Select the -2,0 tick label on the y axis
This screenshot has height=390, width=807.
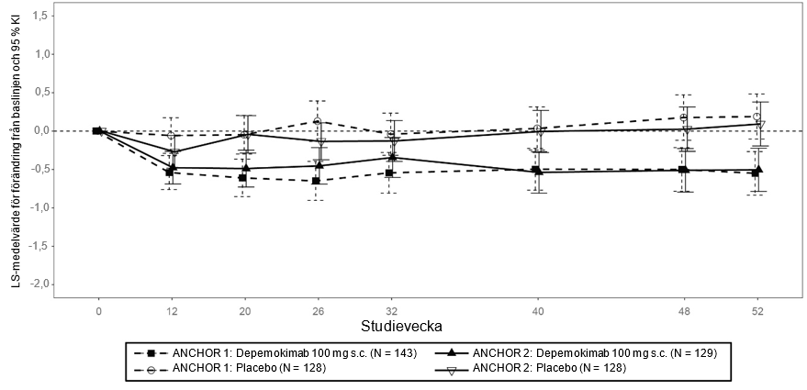tap(39, 284)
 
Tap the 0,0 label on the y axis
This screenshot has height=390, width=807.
tap(41, 131)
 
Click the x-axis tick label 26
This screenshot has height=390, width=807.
tap(318, 309)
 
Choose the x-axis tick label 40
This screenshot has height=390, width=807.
tap(538, 309)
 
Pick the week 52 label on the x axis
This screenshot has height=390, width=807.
tap(757, 309)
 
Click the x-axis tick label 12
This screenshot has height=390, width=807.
tap(171, 309)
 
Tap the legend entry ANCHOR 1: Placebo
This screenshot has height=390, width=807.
tap(234, 369)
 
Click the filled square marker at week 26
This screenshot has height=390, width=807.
tap(316, 181)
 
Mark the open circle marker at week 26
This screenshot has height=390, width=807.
tap(317, 121)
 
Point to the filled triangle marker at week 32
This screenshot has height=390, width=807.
tap(392, 157)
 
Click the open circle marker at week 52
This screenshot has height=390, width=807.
tap(757, 117)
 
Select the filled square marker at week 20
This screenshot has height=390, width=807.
tap(241, 178)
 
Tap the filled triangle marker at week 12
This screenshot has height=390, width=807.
tap(171, 167)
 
